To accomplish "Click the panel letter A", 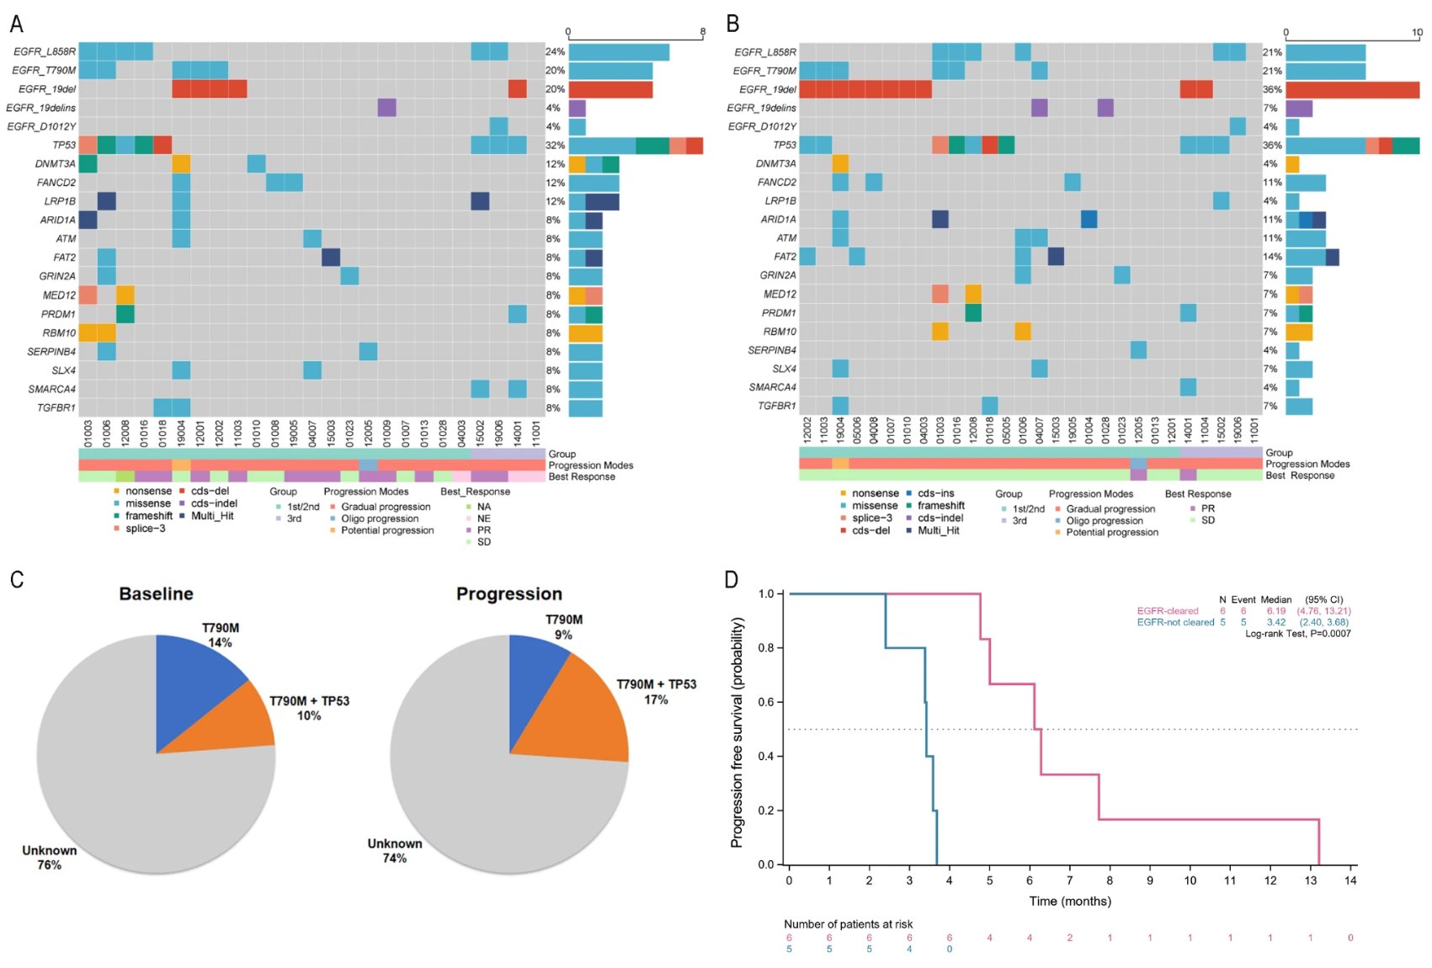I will pos(16,24).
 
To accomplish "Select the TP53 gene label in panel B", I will pos(784,145).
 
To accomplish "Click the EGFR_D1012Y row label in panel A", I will pos(41,126).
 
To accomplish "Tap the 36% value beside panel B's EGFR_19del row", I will pos(1272,89).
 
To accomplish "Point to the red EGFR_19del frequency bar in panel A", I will pos(610,89).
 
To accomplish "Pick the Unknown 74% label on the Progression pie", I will pos(395,850).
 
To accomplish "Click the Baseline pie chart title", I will pos(156,593).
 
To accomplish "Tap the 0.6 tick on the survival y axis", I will pos(766,702).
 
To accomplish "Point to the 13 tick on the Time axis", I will pos(1310,880).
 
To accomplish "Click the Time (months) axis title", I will pos(1069,902).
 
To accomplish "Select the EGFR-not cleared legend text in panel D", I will pos(1175,622).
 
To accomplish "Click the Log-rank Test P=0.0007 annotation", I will pos(1297,633).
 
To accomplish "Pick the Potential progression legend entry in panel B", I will pos(1111,532).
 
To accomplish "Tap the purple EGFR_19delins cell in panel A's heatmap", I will pos(386,108).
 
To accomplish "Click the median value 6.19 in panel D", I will pos(1275,611).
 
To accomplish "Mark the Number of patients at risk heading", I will pos(848,924).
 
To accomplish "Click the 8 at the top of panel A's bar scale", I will pos(702,32).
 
